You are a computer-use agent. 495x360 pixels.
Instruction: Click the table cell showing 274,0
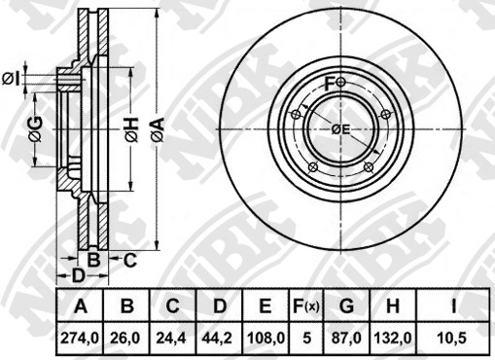coord(80,339)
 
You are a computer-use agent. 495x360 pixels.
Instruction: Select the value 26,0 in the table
coord(125,339)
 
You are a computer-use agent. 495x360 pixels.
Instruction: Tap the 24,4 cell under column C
coord(171,339)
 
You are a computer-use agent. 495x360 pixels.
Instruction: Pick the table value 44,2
coord(218,339)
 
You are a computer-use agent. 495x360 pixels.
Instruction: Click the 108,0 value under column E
coord(265,339)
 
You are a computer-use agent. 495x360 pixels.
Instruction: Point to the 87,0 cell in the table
coord(346,339)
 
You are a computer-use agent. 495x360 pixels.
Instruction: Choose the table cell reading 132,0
coord(393,339)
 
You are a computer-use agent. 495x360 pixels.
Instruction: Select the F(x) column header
coord(306,306)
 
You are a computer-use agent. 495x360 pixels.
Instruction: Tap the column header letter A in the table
coord(81,306)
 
